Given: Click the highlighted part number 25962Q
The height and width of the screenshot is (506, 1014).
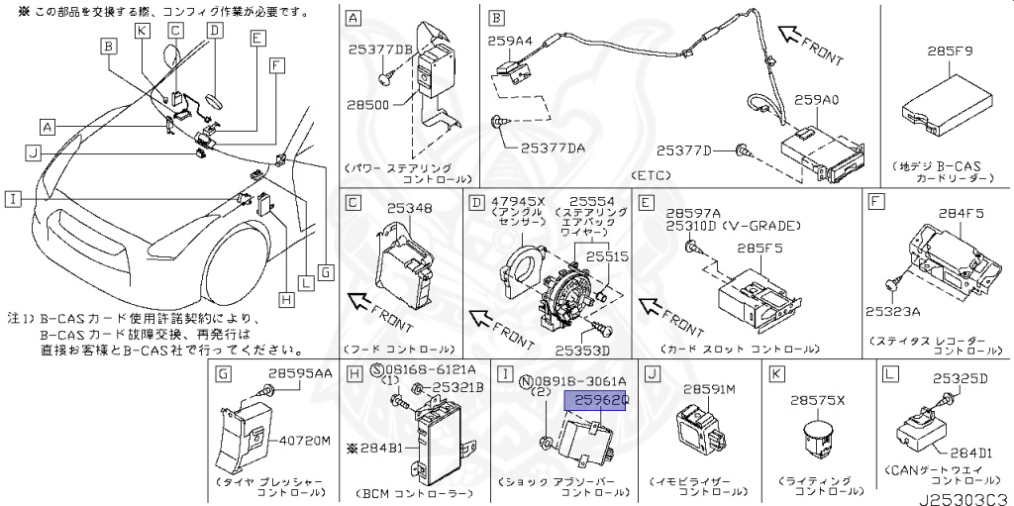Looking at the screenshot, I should (596, 400).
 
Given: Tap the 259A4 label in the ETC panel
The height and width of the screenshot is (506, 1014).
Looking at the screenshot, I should (510, 41).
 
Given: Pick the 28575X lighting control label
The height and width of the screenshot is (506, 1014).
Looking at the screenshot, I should (817, 401).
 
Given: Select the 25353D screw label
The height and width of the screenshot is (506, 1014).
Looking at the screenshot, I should (582, 351).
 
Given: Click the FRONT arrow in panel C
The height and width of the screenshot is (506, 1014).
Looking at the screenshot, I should (376, 306).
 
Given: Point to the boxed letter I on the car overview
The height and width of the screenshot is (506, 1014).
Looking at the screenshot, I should (11, 199).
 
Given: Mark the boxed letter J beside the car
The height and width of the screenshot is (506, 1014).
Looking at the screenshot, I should (33, 152).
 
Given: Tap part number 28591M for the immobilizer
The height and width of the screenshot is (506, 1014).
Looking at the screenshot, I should (707, 390).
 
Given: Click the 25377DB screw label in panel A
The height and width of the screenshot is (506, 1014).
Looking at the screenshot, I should (380, 48).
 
